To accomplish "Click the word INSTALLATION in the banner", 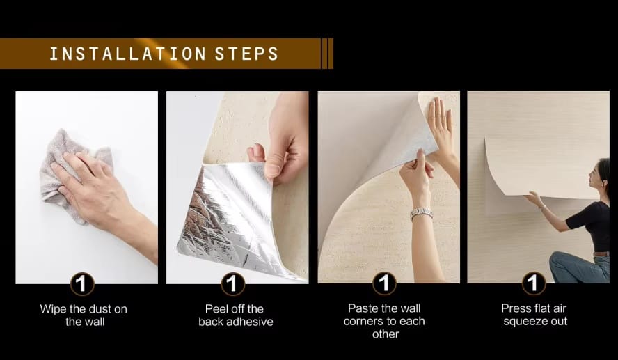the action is coord(127,54).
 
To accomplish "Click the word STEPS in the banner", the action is coord(247,54).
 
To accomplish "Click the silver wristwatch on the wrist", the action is coord(421,213).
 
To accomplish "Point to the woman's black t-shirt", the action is coord(591,225).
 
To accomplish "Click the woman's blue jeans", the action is coord(579,267).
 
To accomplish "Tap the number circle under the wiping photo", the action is coord(82,283).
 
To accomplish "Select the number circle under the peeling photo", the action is coord(232,283).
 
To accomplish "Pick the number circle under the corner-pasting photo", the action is coord(384,283).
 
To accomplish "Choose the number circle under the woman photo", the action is coord(534,283).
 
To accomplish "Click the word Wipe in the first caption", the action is coord(53,308).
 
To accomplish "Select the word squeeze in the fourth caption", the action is coord(523,322).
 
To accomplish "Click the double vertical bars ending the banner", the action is coord(328,54).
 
